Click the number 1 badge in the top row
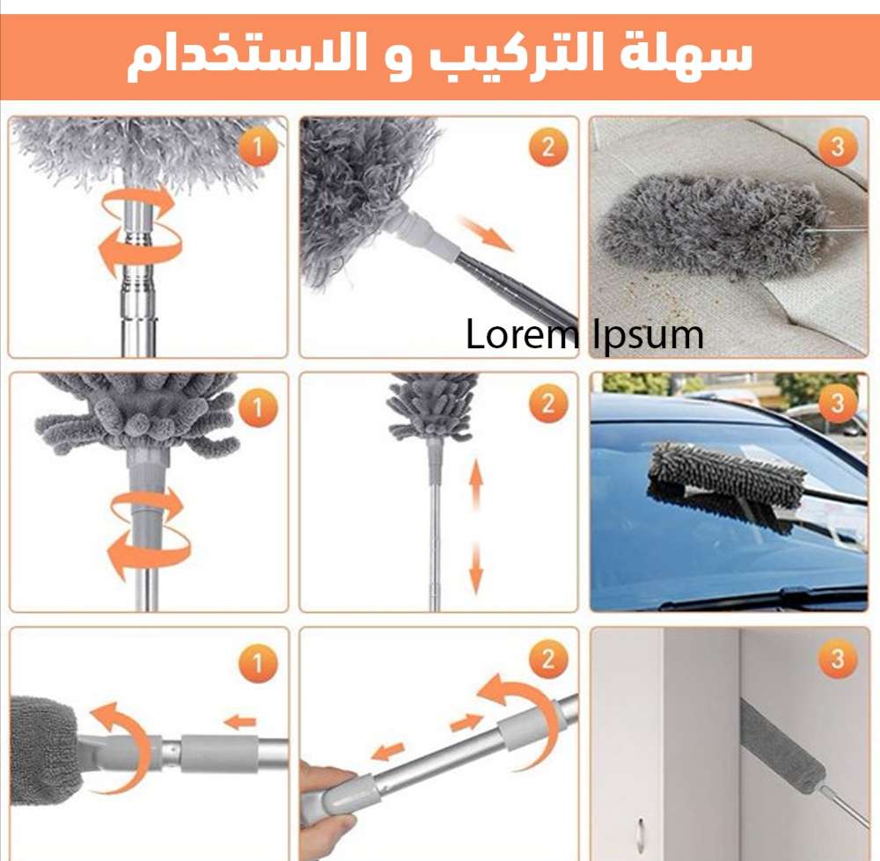point(258,148)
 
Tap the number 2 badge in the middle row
point(547,405)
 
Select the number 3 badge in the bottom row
point(837,659)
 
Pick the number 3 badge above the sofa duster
point(837,147)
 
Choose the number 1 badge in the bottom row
point(258,663)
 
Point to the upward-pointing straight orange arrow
point(476,484)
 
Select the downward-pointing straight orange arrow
point(476,569)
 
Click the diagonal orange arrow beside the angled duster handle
point(486,233)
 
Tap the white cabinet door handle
point(642,832)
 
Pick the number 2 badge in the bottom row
point(547,659)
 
